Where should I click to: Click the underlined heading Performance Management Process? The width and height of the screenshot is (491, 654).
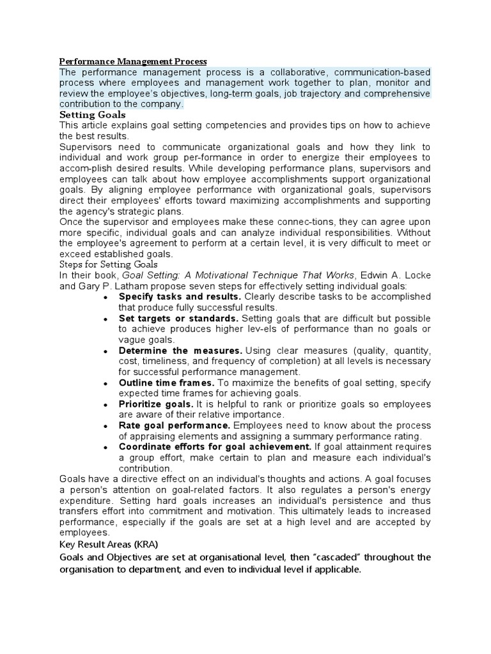(x=133, y=61)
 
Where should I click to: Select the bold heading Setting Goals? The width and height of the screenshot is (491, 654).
(x=92, y=114)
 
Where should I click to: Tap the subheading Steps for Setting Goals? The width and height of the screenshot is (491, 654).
(x=108, y=264)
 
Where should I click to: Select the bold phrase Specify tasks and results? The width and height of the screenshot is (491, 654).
(x=180, y=296)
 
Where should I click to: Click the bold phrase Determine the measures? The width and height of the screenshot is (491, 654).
(x=181, y=351)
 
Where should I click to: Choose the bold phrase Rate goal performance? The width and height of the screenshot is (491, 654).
(x=175, y=425)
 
